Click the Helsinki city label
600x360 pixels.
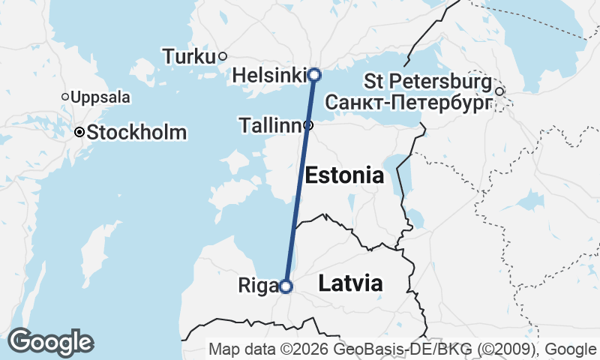click(269, 76)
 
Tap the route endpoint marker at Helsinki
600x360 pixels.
click(314, 74)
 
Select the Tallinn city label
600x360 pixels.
click(270, 126)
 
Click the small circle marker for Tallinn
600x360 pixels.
click(308, 125)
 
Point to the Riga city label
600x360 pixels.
click(257, 286)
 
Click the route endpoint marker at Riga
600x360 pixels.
click(285, 286)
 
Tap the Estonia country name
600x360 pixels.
click(344, 176)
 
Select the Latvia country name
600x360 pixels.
click(350, 283)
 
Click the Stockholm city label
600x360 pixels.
click(136, 133)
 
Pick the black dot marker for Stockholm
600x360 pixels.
click(79, 132)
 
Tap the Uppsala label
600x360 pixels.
click(100, 97)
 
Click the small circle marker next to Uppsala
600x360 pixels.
click(65, 97)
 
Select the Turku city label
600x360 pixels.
click(188, 56)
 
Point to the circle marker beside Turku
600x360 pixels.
click(223, 56)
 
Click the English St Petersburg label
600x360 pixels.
click(428, 80)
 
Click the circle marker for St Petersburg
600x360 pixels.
click(499, 91)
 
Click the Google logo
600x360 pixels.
click(50, 342)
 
